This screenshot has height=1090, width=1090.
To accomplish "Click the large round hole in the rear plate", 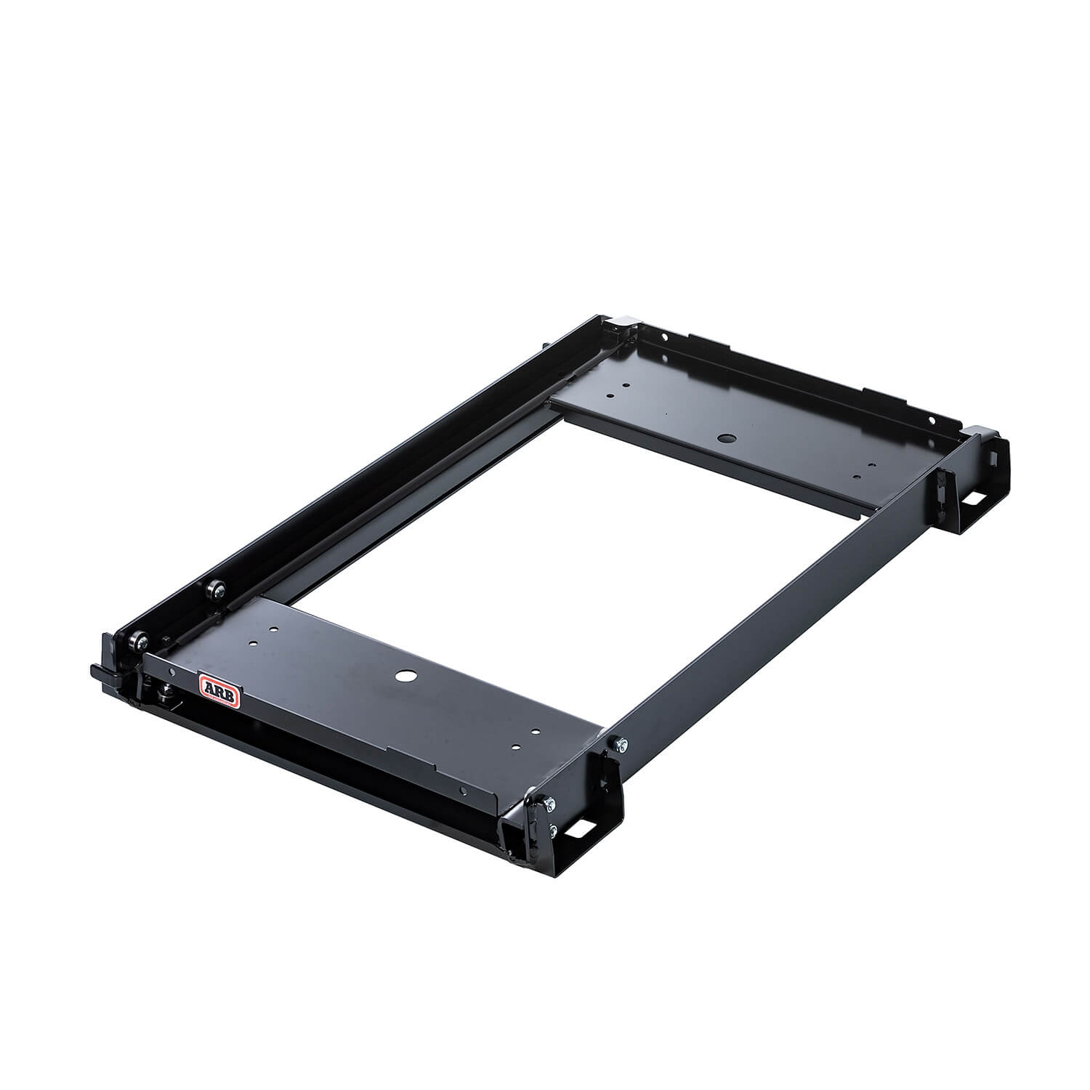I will pyautogui.click(x=724, y=440).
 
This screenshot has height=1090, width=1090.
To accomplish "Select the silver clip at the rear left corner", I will pyautogui.click(x=624, y=321).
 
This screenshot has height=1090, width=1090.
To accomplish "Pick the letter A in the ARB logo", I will pyautogui.click(x=210, y=683).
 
